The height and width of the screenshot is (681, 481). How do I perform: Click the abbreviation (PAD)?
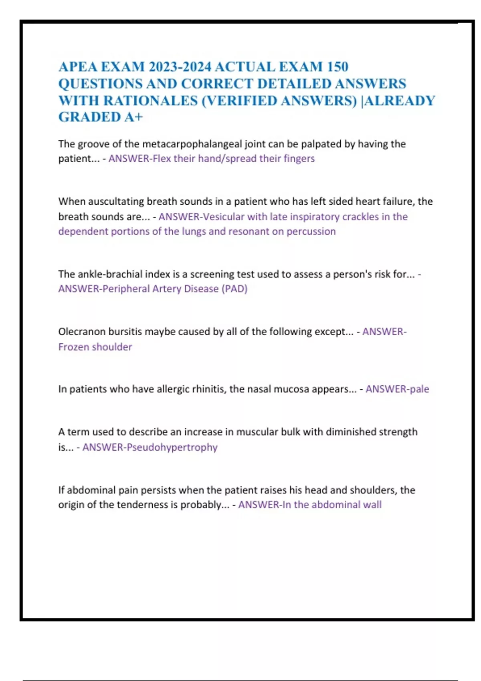(234, 289)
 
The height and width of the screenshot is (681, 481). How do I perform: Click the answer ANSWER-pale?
(397, 389)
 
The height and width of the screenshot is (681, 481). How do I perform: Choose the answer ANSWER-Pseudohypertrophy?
(150, 447)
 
